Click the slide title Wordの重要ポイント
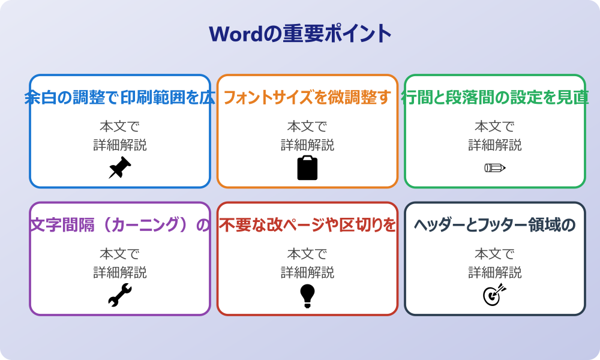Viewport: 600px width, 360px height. (x=300, y=34)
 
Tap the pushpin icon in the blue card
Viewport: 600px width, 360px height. (x=120, y=168)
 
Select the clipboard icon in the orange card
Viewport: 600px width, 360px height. (x=307, y=168)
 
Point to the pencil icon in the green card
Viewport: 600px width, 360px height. (x=495, y=167)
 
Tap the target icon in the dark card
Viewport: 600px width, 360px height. (x=495, y=295)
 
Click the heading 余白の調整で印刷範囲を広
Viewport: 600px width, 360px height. (x=120, y=98)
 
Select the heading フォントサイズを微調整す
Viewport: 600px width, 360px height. (x=307, y=98)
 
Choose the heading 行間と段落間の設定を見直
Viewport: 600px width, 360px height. (x=495, y=98)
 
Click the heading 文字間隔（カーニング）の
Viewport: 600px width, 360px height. (x=120, y=226)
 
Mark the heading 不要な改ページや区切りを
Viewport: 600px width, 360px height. (x=307, y=226)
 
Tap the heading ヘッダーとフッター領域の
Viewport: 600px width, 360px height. (x=495, y=226)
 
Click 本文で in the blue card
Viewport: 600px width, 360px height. (x=120, y=127)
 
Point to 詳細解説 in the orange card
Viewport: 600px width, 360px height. (x=307, y=145)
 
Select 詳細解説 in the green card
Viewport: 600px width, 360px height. (x=495, y=145)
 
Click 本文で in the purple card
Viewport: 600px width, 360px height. (x=120, y=254)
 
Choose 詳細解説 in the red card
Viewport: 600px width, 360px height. (x=307, y=273)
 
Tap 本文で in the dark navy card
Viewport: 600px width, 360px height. (x=495, y=254)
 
